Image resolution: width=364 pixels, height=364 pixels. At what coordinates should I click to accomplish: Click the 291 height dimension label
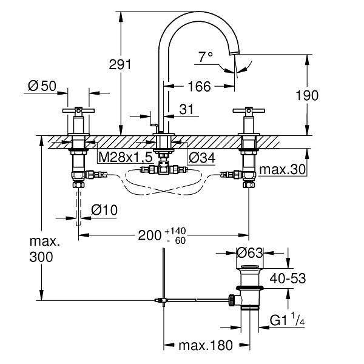120,64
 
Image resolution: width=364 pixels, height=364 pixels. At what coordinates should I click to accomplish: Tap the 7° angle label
206,56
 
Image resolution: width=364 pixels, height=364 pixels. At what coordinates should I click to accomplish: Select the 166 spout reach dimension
200,86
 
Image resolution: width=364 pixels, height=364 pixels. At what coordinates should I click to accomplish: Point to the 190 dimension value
307,95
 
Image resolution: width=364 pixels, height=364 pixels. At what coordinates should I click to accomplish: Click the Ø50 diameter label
42,86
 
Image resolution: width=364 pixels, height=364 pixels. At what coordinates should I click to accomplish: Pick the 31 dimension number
186,109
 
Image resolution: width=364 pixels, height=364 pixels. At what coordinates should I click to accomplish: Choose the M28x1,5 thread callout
126,158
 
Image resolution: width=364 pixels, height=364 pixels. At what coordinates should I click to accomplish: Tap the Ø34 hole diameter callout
202,158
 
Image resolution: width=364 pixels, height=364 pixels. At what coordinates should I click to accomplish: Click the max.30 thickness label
282,170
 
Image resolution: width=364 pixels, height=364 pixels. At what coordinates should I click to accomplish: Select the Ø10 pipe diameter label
104,210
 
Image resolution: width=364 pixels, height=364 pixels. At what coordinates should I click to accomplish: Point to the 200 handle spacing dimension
149,235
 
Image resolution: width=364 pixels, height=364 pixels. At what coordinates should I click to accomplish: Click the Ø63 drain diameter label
249,252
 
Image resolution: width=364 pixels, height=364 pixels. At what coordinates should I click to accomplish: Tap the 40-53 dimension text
288,278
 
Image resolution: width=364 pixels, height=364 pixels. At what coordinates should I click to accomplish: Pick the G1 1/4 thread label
287,320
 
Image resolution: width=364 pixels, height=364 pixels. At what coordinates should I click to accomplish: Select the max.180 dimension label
206,345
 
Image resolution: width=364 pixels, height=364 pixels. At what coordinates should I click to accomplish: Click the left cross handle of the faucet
78,110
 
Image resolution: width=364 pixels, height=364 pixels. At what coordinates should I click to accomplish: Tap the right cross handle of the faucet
249,110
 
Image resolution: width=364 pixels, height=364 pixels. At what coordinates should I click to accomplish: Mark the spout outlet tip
234,54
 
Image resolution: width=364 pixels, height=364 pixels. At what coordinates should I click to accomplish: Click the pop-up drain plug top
249,266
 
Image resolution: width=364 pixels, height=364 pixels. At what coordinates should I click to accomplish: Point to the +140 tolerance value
175,231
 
